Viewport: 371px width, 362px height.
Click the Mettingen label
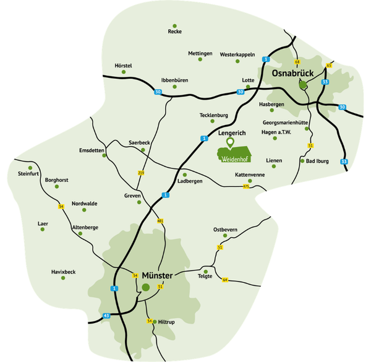pyautogui.click(x=200, y=54)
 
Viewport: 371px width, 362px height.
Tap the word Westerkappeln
pyautogui.click(x=237, y=54)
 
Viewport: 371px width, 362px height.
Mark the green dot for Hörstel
pyautogui.click(x=124, y=73)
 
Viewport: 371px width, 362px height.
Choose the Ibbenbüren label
pyautogui.click(x=174, y=80)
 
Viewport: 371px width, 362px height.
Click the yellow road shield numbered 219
pyautogui.click(x=141, y=173)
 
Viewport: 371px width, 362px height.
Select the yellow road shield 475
pyautogui.click(x=246, y=186)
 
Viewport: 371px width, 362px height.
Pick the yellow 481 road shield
pyautogui.click(x=161, y=221)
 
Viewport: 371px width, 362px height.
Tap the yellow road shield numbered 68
pyautogui.click(x=297, y=62)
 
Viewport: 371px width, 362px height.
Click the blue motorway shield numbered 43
pyautogui.click(x=106, y=316)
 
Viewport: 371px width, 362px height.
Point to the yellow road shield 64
pyautogui.click(x=225, y=280)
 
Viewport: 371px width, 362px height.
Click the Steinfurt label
pyautogui.click(x=28, y=173)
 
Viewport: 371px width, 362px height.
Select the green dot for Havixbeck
pyautogui.click(x=63, y=278)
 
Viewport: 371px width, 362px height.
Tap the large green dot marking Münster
pyautogui.click(x=145, y=287)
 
